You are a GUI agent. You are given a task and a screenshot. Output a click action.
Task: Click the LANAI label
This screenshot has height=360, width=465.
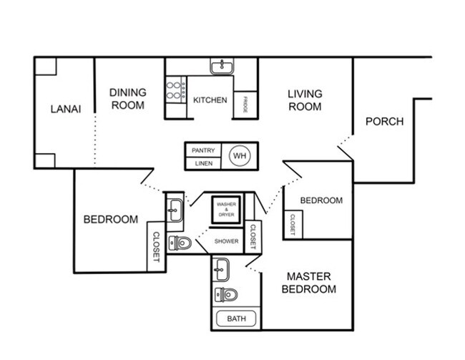(66, 109)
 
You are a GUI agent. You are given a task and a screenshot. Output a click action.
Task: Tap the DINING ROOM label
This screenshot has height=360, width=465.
(128, 99)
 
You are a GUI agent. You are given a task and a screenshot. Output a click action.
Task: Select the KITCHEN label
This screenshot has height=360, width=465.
(210, 100)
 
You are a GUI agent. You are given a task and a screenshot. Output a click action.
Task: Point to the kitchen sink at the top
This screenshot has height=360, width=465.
(222, 66)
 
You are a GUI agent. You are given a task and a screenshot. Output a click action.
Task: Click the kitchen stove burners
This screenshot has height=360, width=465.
(176, 90)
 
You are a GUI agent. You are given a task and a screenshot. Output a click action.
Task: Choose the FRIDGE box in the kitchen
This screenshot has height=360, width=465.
(245, 104)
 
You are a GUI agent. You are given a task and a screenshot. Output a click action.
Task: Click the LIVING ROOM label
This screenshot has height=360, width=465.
(305, 100)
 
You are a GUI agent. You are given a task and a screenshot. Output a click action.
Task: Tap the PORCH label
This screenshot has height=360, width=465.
(384, 122)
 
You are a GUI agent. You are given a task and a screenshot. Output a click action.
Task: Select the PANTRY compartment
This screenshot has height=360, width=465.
(203, 150)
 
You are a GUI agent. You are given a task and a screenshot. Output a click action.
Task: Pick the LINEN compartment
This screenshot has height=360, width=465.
(203, 163)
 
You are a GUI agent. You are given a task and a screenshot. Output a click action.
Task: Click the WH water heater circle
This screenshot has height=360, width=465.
(240, 155)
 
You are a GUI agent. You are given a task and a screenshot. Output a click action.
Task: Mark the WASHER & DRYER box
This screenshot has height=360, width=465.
(226, 210)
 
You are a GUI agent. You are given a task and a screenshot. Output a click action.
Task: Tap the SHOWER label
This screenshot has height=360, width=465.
(226, 241)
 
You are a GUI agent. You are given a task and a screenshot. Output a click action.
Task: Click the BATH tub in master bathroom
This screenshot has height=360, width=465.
(236, 318)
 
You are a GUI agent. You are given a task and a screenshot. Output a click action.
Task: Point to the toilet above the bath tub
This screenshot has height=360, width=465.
(226, 295)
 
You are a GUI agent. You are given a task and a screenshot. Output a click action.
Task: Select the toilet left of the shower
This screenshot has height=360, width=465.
(180, 243)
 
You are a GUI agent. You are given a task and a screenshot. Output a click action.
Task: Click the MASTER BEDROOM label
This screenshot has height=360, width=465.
(309, 283)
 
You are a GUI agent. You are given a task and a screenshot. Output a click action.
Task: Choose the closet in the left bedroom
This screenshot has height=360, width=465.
(156, 247)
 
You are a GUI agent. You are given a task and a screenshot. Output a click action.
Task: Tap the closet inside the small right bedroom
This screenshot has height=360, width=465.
(293, 224)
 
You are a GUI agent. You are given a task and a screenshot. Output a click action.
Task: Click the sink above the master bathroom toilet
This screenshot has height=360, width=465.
(221, 270)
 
